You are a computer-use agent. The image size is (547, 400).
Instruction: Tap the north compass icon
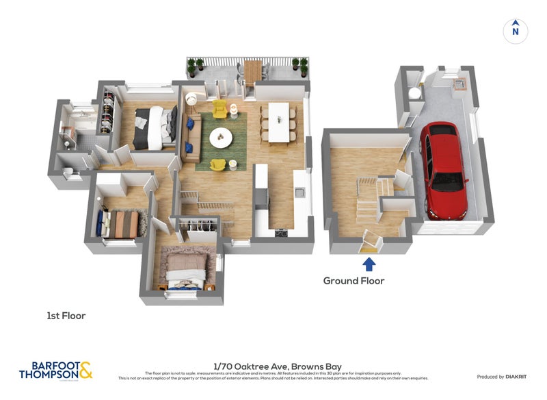tap(516, 30)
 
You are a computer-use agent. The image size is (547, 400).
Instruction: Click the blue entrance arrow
tap(369, 264)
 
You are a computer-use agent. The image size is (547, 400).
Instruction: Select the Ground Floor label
tap(353, 281)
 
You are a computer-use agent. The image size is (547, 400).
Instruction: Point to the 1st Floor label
tap(66, 316)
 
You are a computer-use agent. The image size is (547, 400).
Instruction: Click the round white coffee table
tap(221, 137)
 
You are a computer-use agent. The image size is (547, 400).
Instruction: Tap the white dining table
tap(279, 122)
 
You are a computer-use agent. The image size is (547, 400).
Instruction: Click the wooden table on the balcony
tap(253, 70)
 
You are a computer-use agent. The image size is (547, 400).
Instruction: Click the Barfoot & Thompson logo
tap(56, 370)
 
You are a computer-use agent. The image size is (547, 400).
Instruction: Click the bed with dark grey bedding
tap(155, 127)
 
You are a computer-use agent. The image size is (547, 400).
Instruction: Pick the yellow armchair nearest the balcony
tap(219, 108)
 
